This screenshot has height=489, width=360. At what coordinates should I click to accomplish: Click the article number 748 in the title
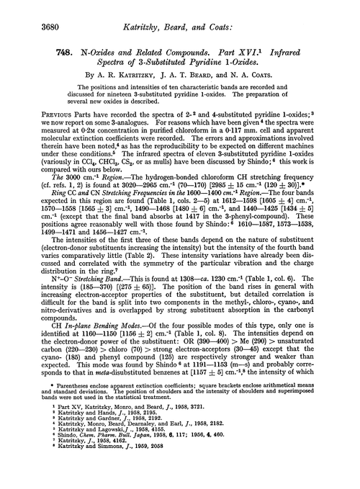click(x=25, y=54)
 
